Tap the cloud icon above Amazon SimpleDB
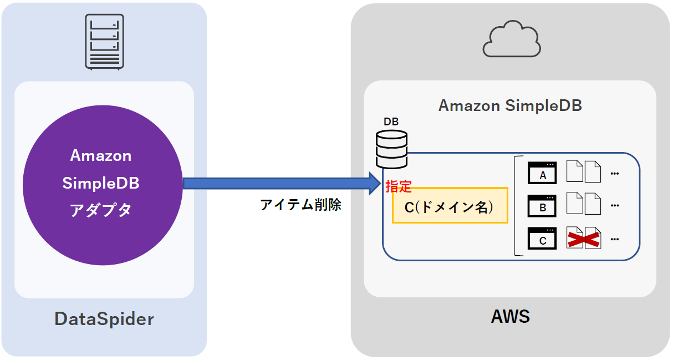pyautogui.click(x=512, y=39)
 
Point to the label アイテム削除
pyautogui.click(x=300, y=205)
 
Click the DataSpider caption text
pyautogui.click(x=104, y=319)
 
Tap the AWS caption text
pyautogui.click(x=510, y=317)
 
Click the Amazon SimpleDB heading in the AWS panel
pyautogui.click(x=510, y=105)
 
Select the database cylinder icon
pyautogui.click(x=391, y=149)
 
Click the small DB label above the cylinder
pyautogui.click(x=391, y=121)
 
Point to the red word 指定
pyautogui.click(x=399, y=186)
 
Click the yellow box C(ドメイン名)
pyautogui.click(x=450, y=206)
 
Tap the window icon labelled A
pyautogui.click(x=542, y=173)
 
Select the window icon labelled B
pyautogui.click(x=542, y=205)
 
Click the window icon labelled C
pyautogui.click(x=542, y=238)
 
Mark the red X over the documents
pyautogui.click(x=584, y=239)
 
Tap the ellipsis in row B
pyautogui.click(x=614, y=206)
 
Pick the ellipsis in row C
pyautogui.click(x=614, y=240)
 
